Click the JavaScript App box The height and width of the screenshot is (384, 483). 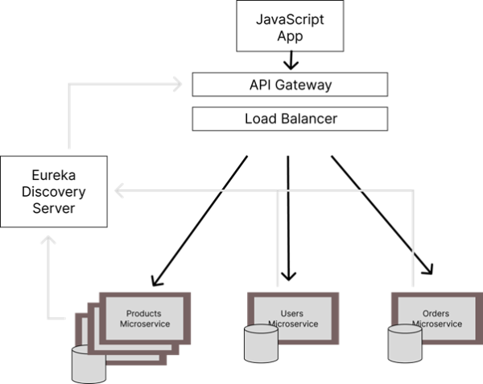[290, 26]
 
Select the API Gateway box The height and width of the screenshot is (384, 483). [290, 85]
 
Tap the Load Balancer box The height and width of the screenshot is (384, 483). [290, 119]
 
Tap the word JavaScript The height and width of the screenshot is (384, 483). [290, 19]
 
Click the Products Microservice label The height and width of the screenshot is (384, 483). [144, 319]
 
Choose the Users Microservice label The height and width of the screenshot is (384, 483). [291, 319]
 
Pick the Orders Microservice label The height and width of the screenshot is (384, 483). [436, 319]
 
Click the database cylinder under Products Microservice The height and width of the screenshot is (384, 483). [89, 365]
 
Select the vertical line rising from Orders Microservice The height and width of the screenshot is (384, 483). [414, 242]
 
